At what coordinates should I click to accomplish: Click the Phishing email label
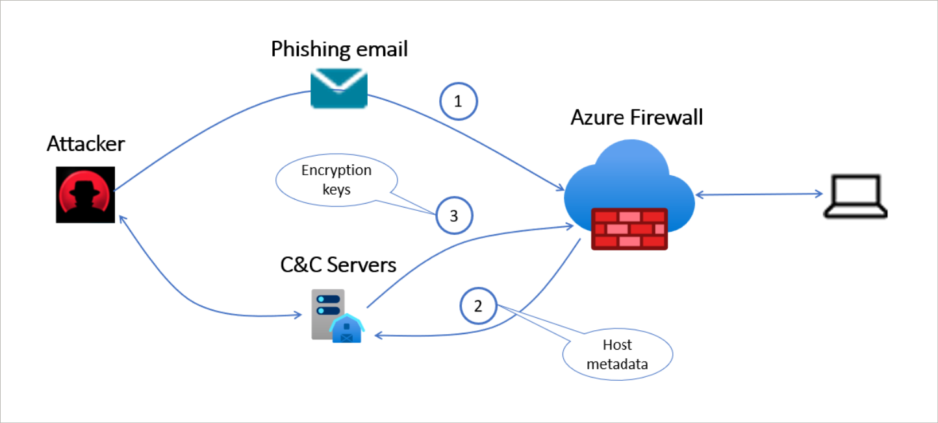point(339,49)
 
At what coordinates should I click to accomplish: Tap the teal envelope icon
point(338,89)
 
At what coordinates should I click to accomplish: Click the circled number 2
point(478,305)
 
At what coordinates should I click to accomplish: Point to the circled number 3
point(454,215)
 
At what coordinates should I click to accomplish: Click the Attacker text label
point(85,144)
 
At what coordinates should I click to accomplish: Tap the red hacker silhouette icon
point(85,195)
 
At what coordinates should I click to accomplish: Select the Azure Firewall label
point(637,117)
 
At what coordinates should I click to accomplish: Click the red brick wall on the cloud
point(629,229)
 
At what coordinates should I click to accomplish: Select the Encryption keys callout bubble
point(336,180)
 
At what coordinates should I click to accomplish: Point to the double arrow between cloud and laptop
point(757,194)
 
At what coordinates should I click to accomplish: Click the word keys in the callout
point(336,189)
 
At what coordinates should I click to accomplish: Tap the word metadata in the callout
point(617,364)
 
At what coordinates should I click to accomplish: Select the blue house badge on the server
point(346,328)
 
